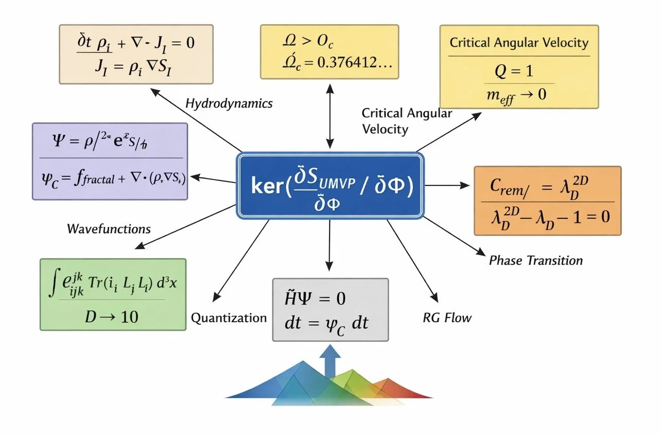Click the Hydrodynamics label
click(x=229, y=103)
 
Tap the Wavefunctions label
click(x=109, y=229)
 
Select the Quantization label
click(x=229, y=318)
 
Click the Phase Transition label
click(x=535, y=260)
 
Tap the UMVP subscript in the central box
click(x=337, y=183)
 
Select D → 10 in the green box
click(x=111, y=316)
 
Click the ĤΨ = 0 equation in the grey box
click(x=315, y=299)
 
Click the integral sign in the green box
click(x=52, y=286)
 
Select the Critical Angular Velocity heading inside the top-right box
click(x=519, y=42)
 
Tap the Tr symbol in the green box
click(x=97, y=285)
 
